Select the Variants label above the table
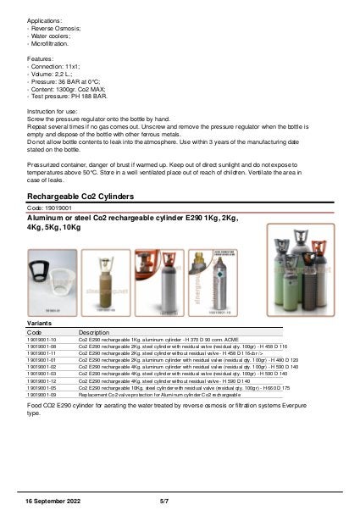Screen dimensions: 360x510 (38, 324)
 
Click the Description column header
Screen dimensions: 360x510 (94, 333)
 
